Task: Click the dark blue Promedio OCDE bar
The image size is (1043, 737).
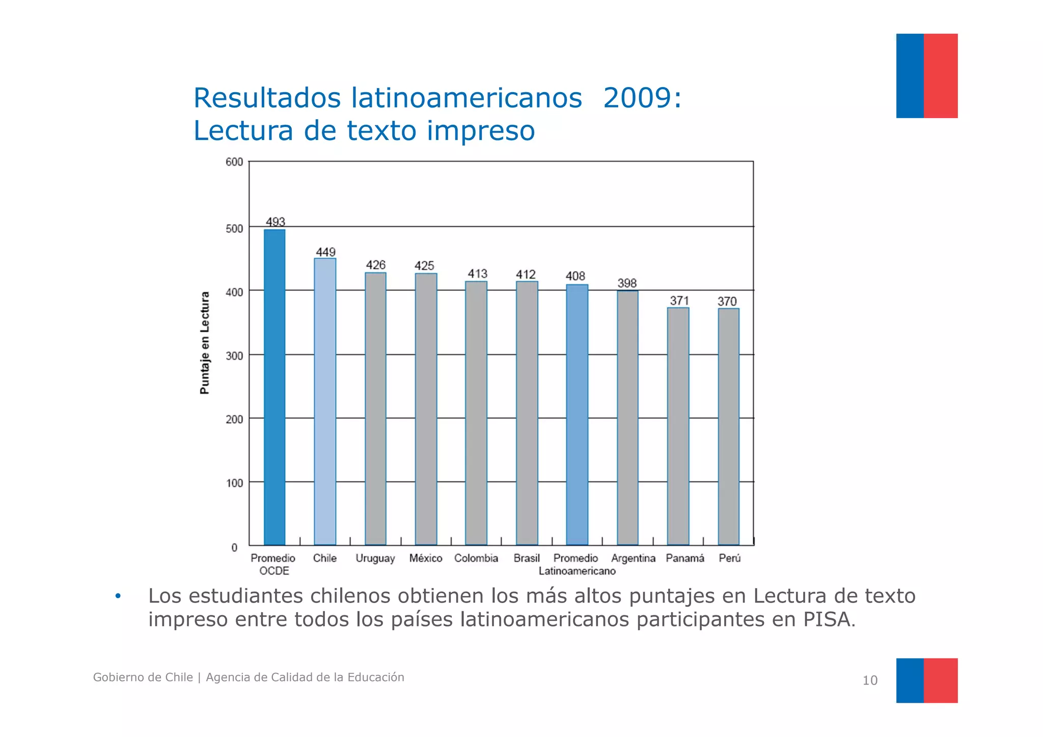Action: click(x=274, y=387)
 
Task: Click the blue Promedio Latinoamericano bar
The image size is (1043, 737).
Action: click(x=577, y=415)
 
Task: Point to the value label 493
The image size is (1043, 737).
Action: click(x=275, y=222)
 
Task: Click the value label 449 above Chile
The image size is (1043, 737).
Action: click(x=325, y=252)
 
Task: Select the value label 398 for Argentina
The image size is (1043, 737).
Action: click(x=627, y=283)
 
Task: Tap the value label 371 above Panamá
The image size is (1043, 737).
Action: click(x=679, y=301)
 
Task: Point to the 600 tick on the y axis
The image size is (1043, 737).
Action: click(x=234, y=162)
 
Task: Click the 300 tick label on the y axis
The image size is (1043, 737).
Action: click(x=234, y=356)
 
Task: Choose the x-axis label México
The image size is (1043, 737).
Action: click(x=426, y=558)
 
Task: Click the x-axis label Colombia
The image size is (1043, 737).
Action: click(x=476, y=558)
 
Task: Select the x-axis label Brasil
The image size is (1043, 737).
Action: click(x=527, y=558)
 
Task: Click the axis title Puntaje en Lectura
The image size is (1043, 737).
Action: click(x=205, y=343)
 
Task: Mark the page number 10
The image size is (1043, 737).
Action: click(x=870, y=680)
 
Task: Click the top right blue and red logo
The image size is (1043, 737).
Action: click(x=926, y=76)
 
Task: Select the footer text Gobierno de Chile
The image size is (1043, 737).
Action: click(x=143, y=677)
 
